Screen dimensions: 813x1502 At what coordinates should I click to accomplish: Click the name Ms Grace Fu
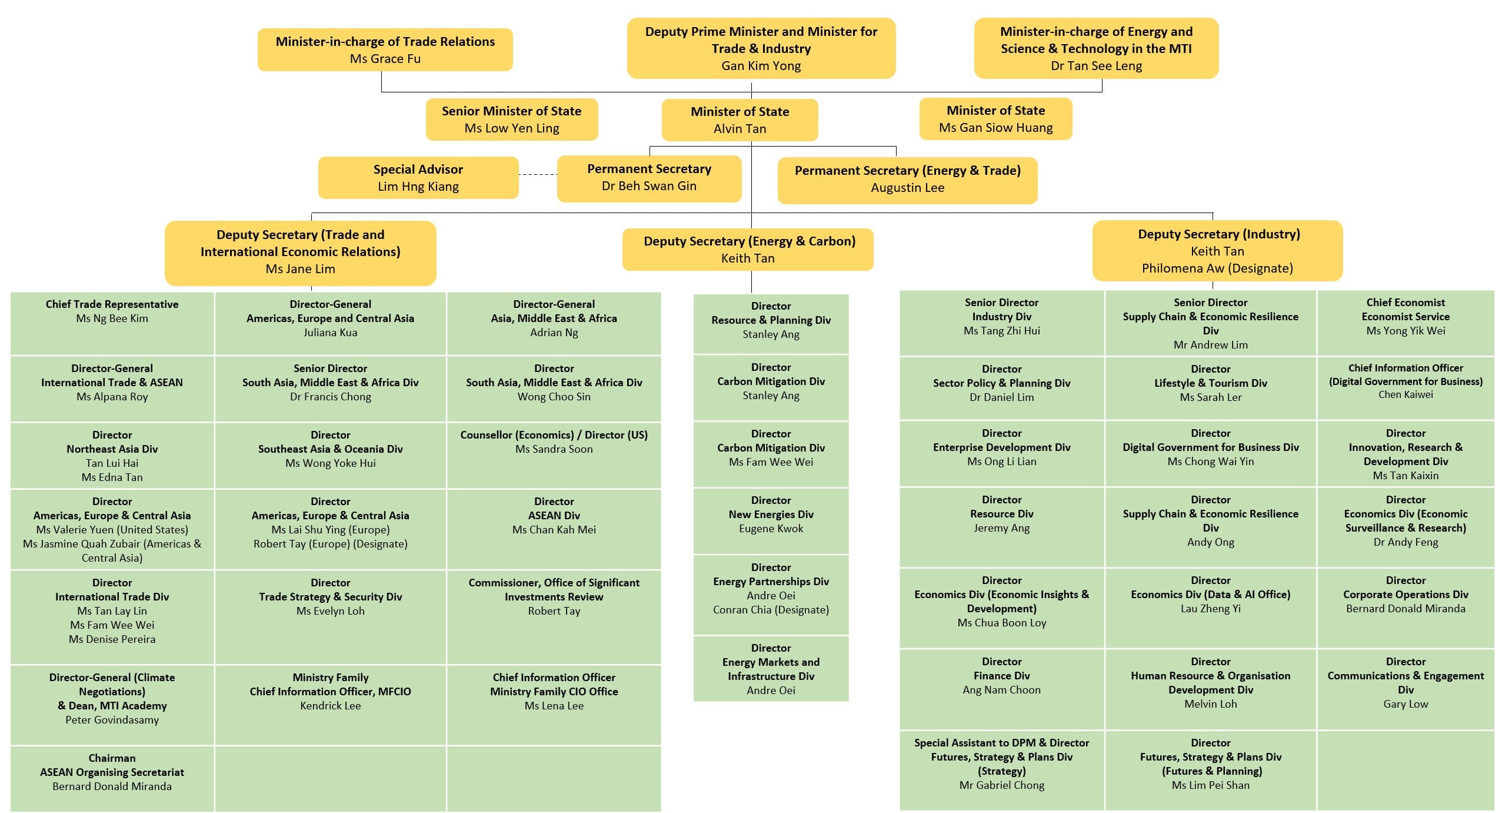(x=385, y=59)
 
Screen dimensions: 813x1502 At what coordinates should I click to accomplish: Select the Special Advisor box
(x=418, y=178)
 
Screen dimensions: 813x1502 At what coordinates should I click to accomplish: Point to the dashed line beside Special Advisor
(x=538, y=175)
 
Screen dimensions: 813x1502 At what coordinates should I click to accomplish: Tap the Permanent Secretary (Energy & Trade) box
(x=907, y=180)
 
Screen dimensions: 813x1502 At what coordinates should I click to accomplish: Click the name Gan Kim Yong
(x=761, y=66)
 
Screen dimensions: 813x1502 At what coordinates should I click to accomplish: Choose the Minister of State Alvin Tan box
(x=740, y=120)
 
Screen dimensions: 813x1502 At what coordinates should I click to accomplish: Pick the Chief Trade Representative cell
(x=112, y=323)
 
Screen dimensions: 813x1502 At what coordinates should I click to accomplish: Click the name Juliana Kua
(x=330, y=333)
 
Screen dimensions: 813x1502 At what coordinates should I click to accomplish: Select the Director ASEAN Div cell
(x=554, y=528)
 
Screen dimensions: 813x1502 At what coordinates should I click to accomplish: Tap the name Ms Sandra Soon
(x=554, y=449)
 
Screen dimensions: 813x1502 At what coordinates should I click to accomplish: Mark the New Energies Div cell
(x=771, y=520)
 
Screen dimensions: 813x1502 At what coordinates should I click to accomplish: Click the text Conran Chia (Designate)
(x=771, y=610)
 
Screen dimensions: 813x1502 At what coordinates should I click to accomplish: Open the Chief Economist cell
(x=1405, y=323)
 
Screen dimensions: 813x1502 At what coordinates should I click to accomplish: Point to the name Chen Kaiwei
(x=1405, y=394)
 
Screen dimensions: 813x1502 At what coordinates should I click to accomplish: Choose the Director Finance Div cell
(x=1001, y=689)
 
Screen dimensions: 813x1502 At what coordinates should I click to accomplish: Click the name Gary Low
(x=1405, y=704)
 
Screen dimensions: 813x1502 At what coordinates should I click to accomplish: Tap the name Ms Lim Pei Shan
(x=1210, y=785)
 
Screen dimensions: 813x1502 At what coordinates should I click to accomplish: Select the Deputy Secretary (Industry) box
(x=1217, y=251)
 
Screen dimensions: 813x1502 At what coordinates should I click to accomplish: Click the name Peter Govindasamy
(x=112, y=720)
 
